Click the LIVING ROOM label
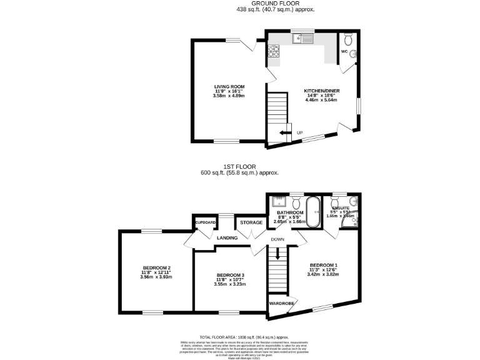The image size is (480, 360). tap(229, 86)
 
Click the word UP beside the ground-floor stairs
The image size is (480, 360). tap(300, 132)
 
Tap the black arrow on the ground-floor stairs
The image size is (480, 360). tap(286, 132)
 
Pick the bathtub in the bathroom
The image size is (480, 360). tap(312, 206)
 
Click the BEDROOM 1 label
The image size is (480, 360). tap(323, 264)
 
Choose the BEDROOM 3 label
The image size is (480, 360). tap(230, 275)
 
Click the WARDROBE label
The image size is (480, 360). tap(281, 303)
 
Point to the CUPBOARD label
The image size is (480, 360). tap(206, 222)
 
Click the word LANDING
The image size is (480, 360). tap(227, 237)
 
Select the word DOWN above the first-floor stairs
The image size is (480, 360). tap(278, 239)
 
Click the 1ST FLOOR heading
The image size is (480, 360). tap(239, 167)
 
